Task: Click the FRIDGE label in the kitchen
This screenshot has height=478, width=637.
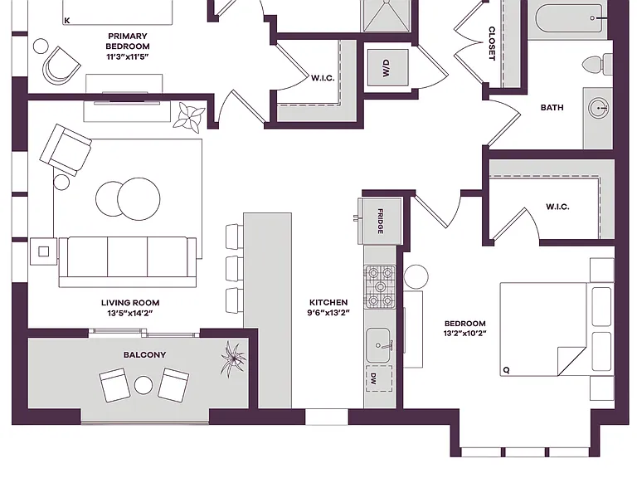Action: click(x=380, y=221)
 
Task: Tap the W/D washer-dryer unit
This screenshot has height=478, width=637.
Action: click(x=387, y=67)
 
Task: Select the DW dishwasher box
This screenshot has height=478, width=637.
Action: click(x=379, y=378)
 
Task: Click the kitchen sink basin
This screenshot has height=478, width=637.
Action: click(x=378, y=345)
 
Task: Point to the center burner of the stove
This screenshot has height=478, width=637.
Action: click(x=380, y=287)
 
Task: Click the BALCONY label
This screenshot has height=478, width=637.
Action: click(x=144, y=355)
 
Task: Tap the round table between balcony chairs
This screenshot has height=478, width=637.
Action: click(x=143, y=385)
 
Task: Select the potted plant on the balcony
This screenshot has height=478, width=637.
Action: click(x=233, y=358)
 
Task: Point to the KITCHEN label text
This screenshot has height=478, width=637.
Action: click(x=328, y=302)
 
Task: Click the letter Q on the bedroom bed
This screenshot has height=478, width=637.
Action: click(x=506, y=370)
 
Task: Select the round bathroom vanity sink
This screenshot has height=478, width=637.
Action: click(x=599, y=108)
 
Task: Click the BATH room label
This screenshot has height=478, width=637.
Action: click(x=552, y=108)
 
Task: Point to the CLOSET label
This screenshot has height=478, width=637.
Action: click(x=492, y=43)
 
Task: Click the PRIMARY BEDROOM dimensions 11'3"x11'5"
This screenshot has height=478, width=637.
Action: click(x=128, y=57)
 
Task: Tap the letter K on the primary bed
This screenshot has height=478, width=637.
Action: click(x=67, y=20)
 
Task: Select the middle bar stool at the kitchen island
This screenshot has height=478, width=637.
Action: click(x=235, y=269)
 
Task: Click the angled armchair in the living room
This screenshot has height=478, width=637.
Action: click(x=66, y=150)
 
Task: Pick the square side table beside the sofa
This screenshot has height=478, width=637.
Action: click(x=43, y=251)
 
